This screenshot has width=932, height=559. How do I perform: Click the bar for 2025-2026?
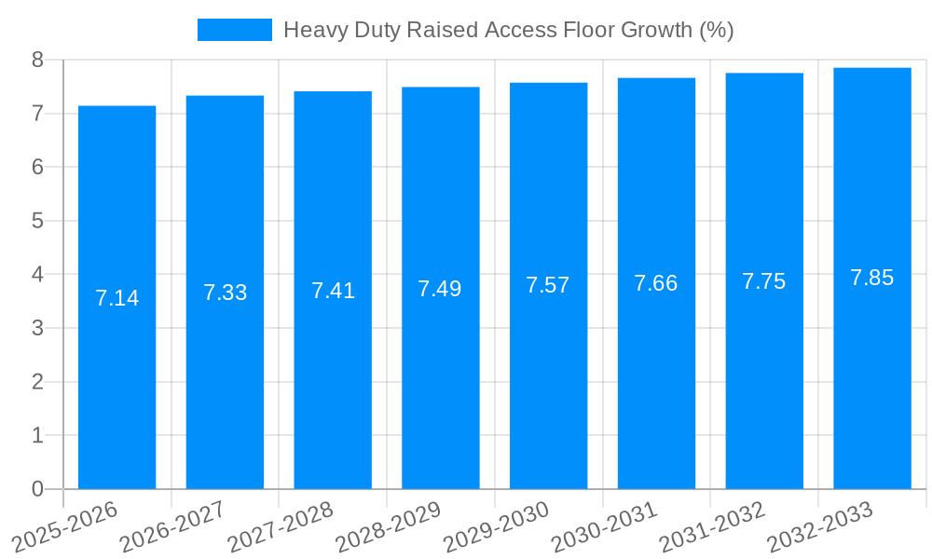click(116, 298)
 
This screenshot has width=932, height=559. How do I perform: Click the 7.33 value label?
click(226, 293)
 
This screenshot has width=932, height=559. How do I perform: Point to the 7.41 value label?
click(333, 291)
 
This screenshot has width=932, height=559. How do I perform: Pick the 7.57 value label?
click(548, 285)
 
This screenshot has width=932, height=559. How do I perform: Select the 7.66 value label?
click(656, 283)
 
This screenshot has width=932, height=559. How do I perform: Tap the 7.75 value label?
click(764, 281)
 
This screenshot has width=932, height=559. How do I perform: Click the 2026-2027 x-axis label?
click(172, 526)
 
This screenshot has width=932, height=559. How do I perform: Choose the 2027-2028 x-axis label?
click(281, 526)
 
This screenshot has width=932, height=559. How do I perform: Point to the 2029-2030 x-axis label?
click(497, 526)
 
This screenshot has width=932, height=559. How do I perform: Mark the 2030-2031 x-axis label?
click(604, 526)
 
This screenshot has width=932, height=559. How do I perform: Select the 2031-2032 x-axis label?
click(712, 526)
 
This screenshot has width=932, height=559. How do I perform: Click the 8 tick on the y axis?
click(37, 61)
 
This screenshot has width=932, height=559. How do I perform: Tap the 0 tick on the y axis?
click(37, 489)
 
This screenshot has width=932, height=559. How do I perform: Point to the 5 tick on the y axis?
click(37, 221)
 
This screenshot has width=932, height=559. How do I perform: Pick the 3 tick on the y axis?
click(37, 328)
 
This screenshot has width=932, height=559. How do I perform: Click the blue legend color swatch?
click(235, 30)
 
